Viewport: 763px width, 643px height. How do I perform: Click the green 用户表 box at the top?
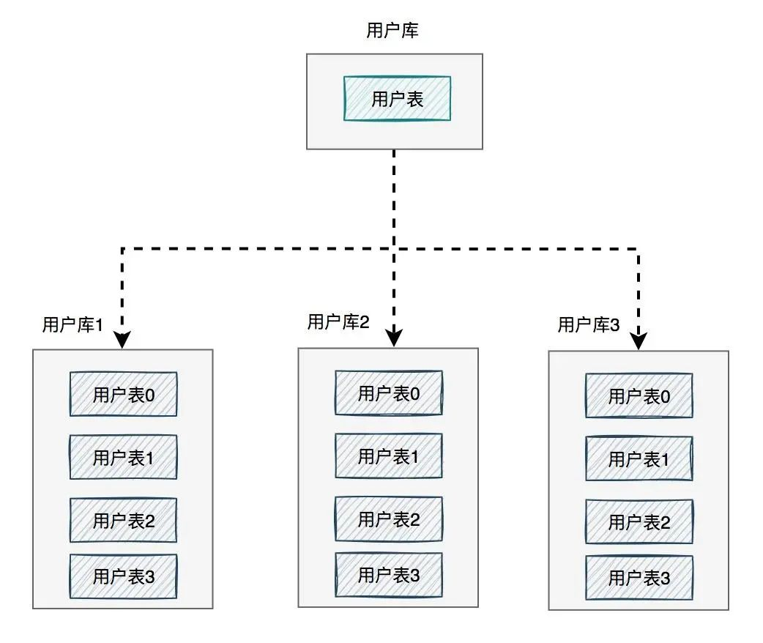click(397, 99)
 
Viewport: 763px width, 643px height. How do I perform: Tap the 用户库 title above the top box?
click(392, 31)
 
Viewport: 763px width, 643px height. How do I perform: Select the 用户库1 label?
click(72, 325)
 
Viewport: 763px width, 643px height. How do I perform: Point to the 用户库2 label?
click(338, 321)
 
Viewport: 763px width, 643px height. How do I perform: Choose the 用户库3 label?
click(589, 324)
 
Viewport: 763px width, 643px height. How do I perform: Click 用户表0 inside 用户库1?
click(123, 395)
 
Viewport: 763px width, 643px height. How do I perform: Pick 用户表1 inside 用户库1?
click(123, 458)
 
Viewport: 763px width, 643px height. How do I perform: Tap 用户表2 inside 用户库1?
click(123, 521)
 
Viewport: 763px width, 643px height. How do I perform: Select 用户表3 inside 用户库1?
click(123, 576)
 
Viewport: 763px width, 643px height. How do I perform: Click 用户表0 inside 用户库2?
click(389, 393)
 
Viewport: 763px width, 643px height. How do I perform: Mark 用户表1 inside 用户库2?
click(389, 456)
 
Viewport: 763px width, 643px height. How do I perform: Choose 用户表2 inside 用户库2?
click(389, 519)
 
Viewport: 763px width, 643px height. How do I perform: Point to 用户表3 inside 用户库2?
click(389, 575)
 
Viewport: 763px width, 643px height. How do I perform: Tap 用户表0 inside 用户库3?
click(639, 396)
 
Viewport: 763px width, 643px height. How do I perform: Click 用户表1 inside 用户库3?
click(639, 459)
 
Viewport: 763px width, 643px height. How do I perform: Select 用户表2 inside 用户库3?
click(639, 522)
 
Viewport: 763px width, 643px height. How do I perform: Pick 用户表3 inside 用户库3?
click(639, 578)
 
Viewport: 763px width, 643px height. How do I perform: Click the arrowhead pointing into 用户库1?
click(122, 340)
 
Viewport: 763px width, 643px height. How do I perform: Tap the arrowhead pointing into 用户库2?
click(395, 338)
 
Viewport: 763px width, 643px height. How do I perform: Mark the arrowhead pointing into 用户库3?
click(639, 341)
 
